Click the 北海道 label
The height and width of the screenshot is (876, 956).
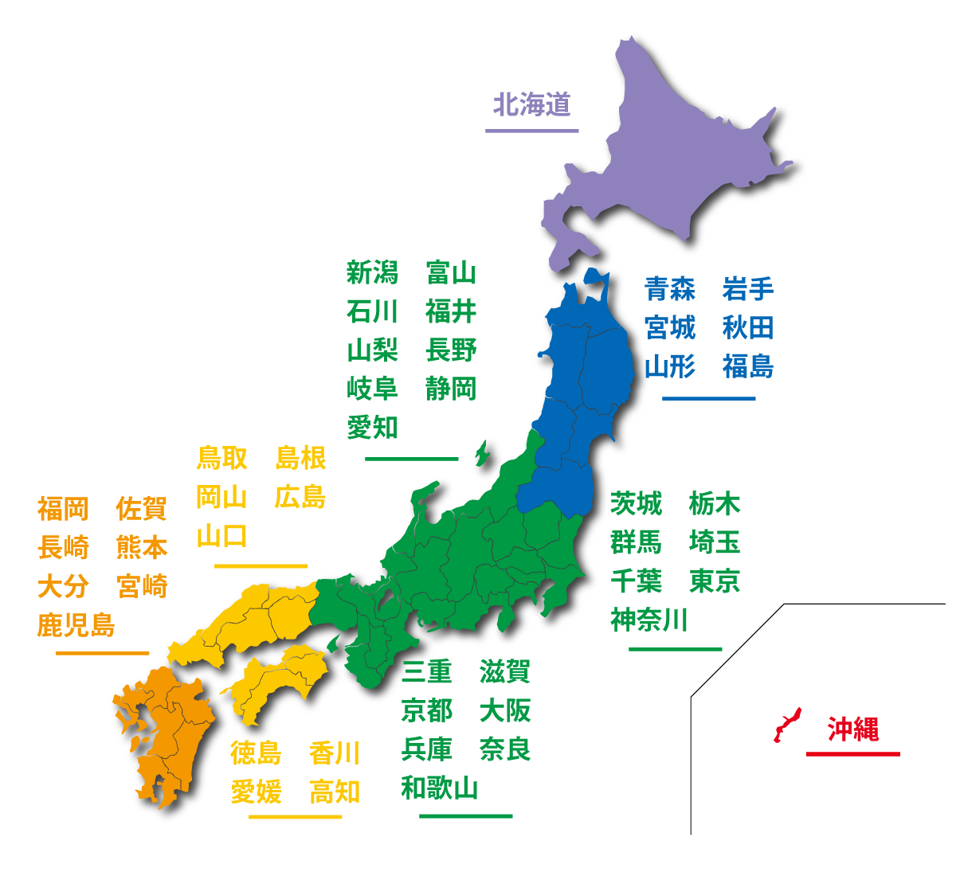pos(532,104)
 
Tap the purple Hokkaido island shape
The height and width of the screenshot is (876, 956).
pos(669,159)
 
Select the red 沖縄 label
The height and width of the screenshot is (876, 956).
pos(852,729)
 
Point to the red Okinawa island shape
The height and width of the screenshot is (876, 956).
pos(786,725)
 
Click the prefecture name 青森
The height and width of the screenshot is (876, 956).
pos(669,289)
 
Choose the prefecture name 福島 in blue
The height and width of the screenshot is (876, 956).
pos(747,367)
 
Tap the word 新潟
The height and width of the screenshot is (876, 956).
pos(372,273)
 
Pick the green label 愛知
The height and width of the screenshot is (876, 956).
pos(372,428)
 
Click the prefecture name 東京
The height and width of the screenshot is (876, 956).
pos(715,581)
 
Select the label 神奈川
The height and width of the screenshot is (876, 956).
pos(649,620)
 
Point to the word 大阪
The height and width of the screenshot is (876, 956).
pos(505,710)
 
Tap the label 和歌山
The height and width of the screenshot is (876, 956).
pos(440,788)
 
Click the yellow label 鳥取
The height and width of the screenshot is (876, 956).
pos(221,459)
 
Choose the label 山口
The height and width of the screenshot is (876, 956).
pos(221,536)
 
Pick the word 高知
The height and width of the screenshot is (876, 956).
pos(335,792)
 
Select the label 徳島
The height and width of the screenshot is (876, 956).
pos(256,753)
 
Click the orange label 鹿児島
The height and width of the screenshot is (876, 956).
pos(76,625)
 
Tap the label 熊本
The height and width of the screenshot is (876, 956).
pos(142,548)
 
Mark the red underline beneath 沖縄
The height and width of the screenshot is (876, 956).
pos(852,753)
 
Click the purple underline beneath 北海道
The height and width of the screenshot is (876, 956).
pos(531,131)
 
